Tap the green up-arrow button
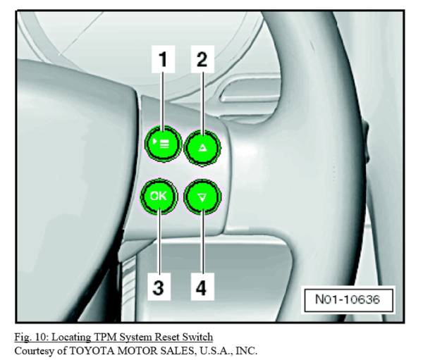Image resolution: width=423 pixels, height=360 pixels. [203, 148]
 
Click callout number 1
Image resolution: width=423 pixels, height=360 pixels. [165, 61]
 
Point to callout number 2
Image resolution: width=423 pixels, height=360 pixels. [202, 61]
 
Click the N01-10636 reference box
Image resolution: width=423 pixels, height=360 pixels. [349, 300]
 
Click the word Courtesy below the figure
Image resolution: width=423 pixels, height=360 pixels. [30, 349]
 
